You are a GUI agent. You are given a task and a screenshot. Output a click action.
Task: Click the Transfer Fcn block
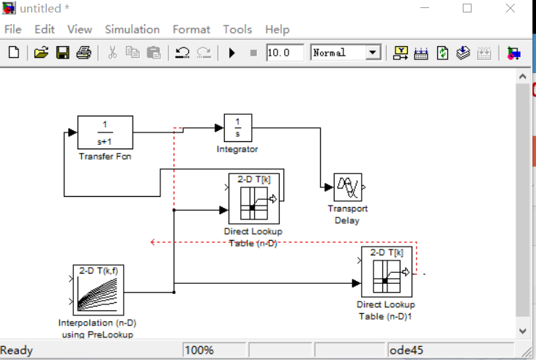tap(105, 132)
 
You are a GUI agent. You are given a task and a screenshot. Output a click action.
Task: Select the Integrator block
tap(237, 128)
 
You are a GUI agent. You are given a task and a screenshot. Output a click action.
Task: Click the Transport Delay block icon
tap(347, 187)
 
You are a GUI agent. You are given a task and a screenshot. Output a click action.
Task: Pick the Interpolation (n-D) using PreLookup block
tap(99, 290)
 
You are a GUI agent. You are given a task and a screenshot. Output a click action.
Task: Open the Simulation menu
tap(132, 29)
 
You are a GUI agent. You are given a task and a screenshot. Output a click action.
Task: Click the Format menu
tap(191, 29)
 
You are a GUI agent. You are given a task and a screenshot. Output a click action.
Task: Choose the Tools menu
tap(237, 29)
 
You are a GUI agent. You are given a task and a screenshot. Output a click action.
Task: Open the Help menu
tap(277, 29)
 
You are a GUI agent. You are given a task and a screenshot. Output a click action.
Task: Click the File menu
tap(13, 29)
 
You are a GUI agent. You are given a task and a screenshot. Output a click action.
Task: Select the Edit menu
tap(45, 29)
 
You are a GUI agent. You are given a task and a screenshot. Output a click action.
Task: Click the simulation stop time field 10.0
tap(284, 53)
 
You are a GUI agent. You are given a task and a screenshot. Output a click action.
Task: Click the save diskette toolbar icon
tap(62, 53)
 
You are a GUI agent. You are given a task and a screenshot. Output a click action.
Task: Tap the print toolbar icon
tap(83, 53)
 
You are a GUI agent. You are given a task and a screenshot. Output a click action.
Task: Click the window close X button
tap(510, 8)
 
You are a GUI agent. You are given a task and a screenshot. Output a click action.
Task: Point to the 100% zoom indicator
tap(199, 350)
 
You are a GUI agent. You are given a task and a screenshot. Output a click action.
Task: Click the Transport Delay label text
tap(347, 214)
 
